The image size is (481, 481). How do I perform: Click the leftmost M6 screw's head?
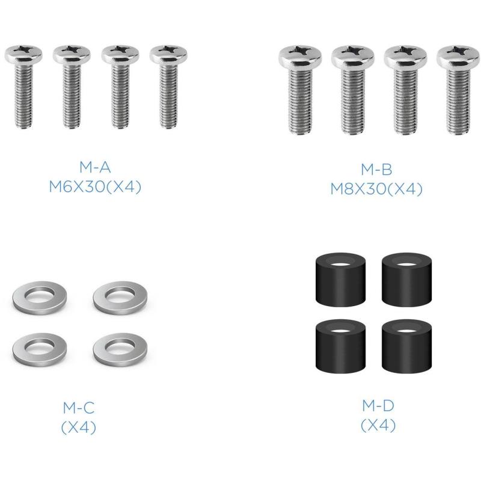[x=23, y=55]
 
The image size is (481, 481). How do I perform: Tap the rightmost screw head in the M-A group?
[x=168, y=55]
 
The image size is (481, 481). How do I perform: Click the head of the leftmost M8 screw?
[x=300, y=56]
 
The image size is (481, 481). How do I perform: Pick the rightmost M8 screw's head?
[x=458, y=56]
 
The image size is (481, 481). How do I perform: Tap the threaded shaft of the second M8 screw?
[x=353, y=100]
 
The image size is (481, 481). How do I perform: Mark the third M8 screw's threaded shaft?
[x=405, y=100]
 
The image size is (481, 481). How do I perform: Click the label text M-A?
[x=95, y=167]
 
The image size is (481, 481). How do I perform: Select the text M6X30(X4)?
[x=95, y=186]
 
